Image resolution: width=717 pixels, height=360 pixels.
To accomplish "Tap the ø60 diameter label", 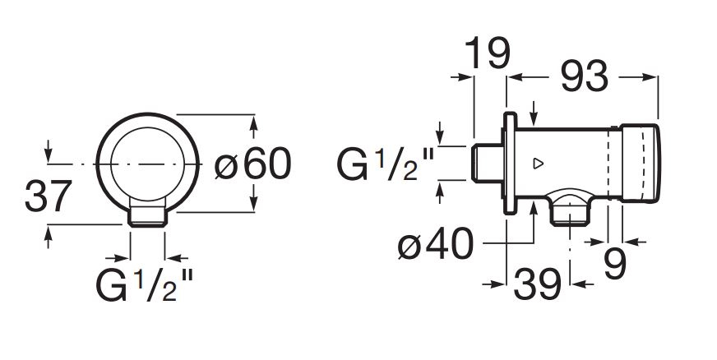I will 253,164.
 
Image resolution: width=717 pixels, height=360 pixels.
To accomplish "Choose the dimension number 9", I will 614,264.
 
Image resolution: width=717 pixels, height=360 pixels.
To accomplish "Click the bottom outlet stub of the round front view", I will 149,215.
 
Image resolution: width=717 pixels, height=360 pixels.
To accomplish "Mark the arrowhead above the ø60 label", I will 253,123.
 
